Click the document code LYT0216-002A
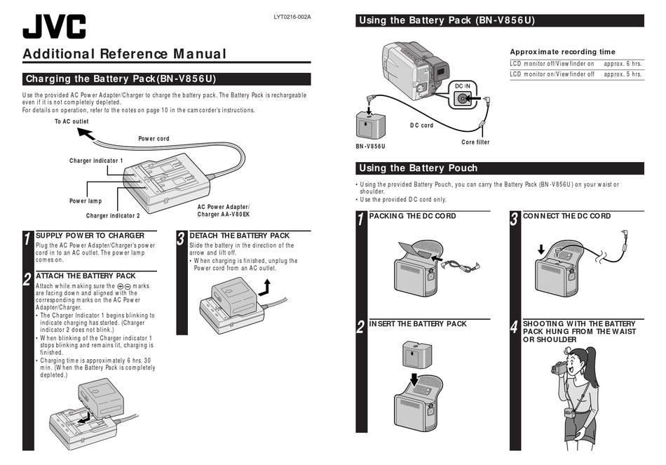tap(292, 17)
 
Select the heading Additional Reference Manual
tap(124, 54)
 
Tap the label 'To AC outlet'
tap(72, 122)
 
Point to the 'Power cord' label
tap(154, 139)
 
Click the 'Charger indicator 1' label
tap(96, 161)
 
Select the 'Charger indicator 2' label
tap(113, 215)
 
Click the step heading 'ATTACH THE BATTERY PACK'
tap(86, 276)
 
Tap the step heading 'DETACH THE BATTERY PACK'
tap(239, 236)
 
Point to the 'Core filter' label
tap(475, 142)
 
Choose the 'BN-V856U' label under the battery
tap(370, 147)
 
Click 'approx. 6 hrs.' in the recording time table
tap(623, 63)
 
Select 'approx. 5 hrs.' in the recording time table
tap(623, 74)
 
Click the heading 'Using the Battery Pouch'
tap(418, 168)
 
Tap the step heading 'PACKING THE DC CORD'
tap(412, 216)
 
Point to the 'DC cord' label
tap(421, 126)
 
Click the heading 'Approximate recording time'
tap(562, 52)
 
